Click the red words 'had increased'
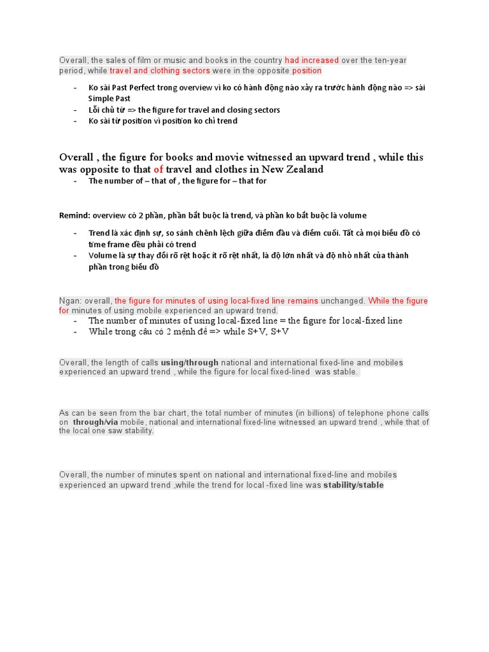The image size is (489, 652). click(x=312, y=60)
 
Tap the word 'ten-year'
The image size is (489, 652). click(x=390, y=60)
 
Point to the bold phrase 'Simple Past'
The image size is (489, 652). click(x=109, y=99)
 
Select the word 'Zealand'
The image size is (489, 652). click(x=302, y=169)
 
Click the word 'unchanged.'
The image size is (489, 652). click(x=343, y=301)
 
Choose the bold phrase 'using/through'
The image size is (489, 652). click(x=190, y=362)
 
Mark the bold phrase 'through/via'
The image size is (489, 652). click(x=96, y=422)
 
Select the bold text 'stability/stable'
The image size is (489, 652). click(x=353, y=485)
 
